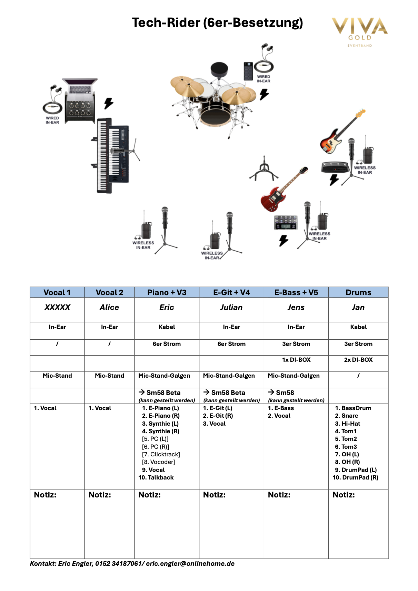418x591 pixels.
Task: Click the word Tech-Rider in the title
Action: pos(166,23)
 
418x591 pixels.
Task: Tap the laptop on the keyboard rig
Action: pos(80,87)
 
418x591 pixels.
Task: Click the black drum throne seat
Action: pos(219,69)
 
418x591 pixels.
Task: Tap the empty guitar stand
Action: pos(264,169)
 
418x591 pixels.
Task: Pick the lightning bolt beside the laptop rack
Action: pos(109,103)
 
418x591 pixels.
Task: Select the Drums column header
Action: pos(358,292)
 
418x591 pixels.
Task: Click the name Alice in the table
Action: pos(109,307)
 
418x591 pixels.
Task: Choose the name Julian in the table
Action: pos(231,307)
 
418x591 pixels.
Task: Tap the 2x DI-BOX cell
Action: pos(358,360)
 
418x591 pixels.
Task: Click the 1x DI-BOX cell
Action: pos(296,360)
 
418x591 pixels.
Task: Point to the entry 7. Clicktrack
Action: pos(161,454)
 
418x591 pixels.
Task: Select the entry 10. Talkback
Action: pos(156,477)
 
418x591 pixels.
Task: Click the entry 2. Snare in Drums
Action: pos(346,416)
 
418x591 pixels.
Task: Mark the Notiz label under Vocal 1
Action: pos(45,495)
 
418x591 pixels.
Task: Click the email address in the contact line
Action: pos(190,564)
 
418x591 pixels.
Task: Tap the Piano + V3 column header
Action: pos(167,292)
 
